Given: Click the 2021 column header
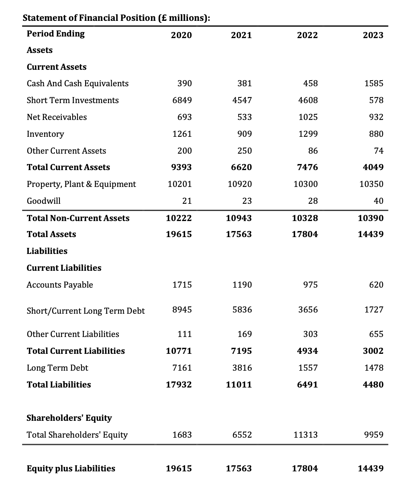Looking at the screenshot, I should click(x=241, y=35).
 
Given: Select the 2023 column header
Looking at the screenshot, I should click(x=373, y=35).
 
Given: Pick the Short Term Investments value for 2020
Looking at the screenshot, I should click(x=182, y=100).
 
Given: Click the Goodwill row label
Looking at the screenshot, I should click(x=44, y=201).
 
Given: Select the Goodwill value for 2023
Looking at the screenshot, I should click(x=378, y=201).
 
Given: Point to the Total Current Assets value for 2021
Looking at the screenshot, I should click(x=239, y=167).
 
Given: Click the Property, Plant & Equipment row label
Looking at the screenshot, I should click(x=81, y=184).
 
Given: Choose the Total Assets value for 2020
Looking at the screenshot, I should click(x=179, y=234).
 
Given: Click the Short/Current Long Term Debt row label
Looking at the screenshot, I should click(x=86, y=311).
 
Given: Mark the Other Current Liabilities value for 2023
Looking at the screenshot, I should click(x=376, y=334).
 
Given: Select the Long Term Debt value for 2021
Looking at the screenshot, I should click(x=242, y=368).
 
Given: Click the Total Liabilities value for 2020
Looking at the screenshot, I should click(x=179, y=385).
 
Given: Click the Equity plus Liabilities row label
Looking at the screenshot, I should click(x=71, y=469).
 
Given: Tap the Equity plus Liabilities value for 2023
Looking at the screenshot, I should click(x=370, y=469).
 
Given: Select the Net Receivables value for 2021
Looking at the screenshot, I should click(x=245, y=117).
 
